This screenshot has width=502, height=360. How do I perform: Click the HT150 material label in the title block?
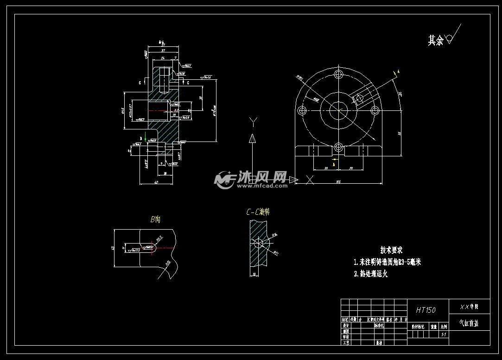coord(426,310)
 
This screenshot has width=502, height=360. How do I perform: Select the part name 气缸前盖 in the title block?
coord(469,323)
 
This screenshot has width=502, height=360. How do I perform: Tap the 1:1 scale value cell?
coord(444,334)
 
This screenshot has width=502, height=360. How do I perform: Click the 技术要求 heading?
coord(391,250)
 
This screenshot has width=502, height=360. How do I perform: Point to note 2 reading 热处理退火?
coord(370,274)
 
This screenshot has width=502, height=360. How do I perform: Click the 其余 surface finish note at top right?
coord(436,41)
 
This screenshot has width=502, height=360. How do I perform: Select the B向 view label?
coord(155,219)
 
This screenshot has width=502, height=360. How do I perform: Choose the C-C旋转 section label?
coord(258,212)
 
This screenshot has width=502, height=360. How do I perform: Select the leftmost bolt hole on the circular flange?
coord(303,110)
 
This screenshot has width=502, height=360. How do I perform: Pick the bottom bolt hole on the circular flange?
coord(339,148)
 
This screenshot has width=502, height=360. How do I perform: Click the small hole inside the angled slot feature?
coord(359,98)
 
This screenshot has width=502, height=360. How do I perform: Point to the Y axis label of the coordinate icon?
coord(253,122)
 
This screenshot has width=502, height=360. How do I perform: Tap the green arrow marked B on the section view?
coord(146,137)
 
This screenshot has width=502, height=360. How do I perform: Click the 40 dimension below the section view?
coord(156,182)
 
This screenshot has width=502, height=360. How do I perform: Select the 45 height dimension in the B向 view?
coord(112,248)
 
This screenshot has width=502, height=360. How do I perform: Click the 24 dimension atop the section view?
coord(163,58)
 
